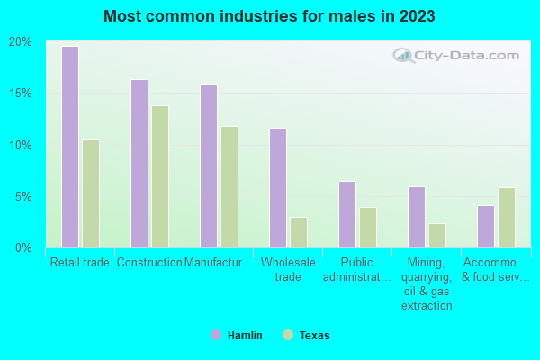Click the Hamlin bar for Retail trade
[x=70, y=147]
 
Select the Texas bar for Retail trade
[x=91, y=193]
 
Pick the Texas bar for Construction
[x=160, y=176]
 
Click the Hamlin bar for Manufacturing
[x=209, y=166]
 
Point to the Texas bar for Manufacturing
[x=229, y=187]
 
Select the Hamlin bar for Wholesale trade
[x=278, y=188]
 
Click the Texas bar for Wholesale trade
[x=299, y=232]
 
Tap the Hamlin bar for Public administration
[x=347, y=214]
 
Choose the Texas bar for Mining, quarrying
[x=437, y=236]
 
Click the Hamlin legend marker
[x=216, y=335]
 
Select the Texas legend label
[x=314, y=336]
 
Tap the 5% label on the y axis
[x=23, y=196]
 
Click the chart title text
[x=269, y=16]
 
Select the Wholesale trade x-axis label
[x=288, y=269]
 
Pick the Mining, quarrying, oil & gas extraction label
[x=427, y=283]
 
